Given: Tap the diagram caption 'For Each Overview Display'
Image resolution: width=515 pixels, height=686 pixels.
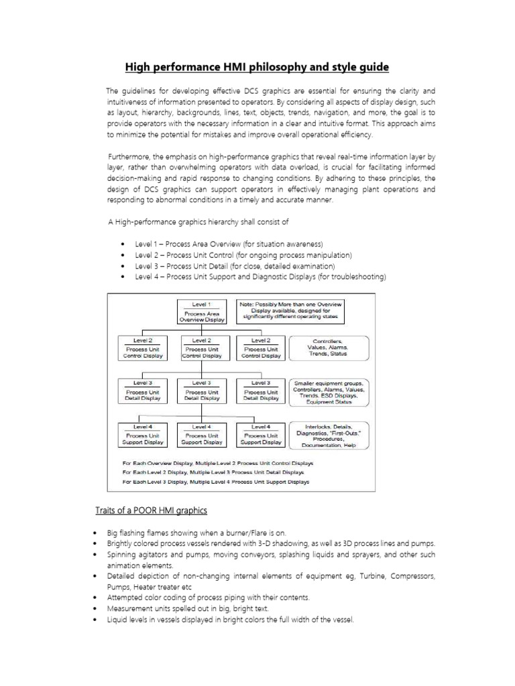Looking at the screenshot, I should coord(217,463).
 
